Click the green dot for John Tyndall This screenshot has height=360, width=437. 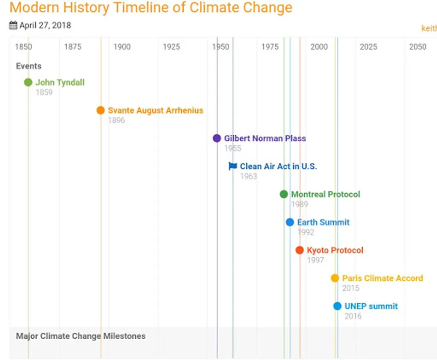tap(28, 82)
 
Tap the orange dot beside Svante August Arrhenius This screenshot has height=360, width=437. tap(100, 110)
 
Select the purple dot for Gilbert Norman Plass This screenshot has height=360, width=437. tap(217, 138)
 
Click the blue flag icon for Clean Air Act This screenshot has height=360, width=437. tap(233, 166)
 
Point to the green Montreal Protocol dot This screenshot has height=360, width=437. tap(284, 194)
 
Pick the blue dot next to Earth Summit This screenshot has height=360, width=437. tap(290, 222)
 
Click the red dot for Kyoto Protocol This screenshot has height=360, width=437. tap(300, 250)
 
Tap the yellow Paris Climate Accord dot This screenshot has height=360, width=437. tap(335, 278)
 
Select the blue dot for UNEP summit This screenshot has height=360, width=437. tap(337, 306)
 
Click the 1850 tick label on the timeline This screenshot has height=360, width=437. tap(24, 47)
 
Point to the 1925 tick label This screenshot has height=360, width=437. tap(171, 47)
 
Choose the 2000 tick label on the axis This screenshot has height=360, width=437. tap(319, 47)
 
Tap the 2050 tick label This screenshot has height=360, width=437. tap(417, 47)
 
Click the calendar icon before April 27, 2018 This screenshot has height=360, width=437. tap(13, 26)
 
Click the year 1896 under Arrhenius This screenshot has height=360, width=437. tap(116, 120)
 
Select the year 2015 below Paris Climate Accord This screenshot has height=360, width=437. tap(351, 288)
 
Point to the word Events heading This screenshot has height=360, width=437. tap(29, 66)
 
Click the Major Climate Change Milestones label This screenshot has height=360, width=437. tap(81, 336)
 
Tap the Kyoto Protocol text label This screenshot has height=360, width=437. tap(335, 250)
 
